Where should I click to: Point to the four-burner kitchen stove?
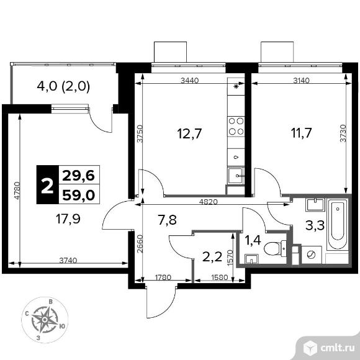pyautogui.click(x=236, y=126)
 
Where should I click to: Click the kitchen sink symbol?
pyautogui.click(x=236, y=176)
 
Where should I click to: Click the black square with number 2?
pyautogui.click(x=47, y=186)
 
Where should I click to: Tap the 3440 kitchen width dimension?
pyautogui.click(x=190, y=80)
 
